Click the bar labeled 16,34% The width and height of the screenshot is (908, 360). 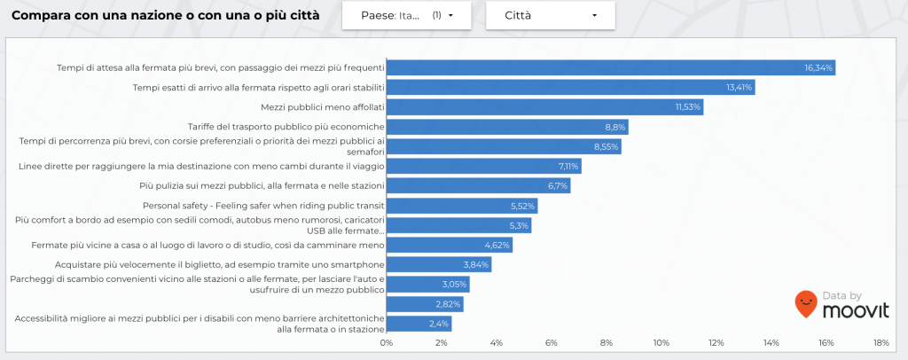(610, 67)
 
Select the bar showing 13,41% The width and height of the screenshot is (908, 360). (570, 87)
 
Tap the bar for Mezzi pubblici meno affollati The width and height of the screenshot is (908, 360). (544, 106)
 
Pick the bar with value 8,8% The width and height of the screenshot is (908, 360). (506, 127)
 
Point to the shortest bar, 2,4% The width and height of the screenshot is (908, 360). (419, 324)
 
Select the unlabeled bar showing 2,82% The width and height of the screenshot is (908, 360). (424, 304)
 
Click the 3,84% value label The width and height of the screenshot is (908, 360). (476, 265)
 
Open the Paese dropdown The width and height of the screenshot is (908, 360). (406, 15)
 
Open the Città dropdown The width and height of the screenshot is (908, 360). (549, 15)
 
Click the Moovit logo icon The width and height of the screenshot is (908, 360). (805, 304)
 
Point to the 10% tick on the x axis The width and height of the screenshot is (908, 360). (661, 343)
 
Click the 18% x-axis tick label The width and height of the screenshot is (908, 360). (881, 343)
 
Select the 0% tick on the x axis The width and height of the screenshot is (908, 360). (386, 343)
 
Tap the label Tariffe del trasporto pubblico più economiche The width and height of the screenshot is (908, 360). (286, 127)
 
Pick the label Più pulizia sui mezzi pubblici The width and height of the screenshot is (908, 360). (262, 185)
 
